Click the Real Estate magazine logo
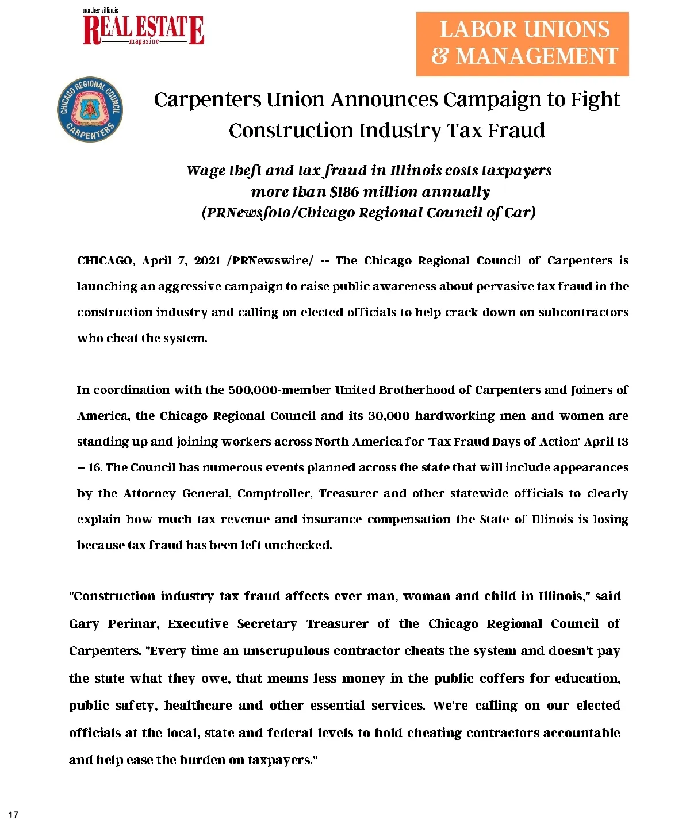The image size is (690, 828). tap(143, 29)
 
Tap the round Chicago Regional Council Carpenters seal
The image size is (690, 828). tap(90, 109)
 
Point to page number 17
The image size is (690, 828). tap(13, 814)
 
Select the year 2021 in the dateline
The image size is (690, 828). tap(208, 260)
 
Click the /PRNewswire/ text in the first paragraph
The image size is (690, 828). tap(270, 260)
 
